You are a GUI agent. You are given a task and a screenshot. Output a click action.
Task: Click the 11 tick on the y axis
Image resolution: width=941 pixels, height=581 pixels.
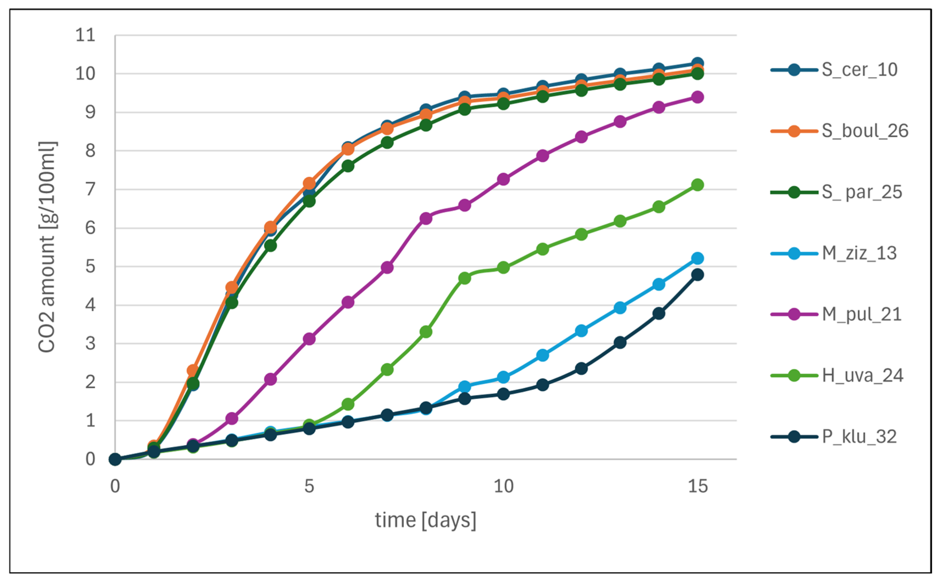(85, 35)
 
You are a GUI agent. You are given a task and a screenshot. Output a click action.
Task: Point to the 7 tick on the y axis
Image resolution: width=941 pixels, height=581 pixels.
(90, 190)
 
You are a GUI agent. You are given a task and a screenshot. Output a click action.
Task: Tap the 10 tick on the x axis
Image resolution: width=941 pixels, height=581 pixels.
(503, 486)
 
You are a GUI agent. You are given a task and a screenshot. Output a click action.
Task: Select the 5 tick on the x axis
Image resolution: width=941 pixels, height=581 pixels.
(309, 486)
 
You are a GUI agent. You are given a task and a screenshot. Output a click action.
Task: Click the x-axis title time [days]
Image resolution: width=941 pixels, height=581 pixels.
(426, 521)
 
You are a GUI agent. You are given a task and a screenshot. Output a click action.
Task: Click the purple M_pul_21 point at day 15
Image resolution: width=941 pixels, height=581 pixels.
(697, 97)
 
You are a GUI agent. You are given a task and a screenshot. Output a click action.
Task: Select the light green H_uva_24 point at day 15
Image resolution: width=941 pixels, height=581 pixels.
(697, 185)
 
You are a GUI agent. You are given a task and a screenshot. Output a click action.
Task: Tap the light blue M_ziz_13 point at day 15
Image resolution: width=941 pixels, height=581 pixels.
(697, 258)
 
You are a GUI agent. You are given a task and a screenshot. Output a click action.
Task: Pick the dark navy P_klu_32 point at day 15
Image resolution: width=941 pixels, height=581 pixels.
(697, 275)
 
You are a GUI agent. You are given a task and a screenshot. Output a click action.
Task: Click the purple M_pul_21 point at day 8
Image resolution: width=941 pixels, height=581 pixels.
(426, 218)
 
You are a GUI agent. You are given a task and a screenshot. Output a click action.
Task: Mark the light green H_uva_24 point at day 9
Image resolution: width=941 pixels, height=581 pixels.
(465, 278)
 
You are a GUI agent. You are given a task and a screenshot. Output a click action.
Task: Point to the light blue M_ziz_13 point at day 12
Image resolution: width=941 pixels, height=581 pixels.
(581, 330)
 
